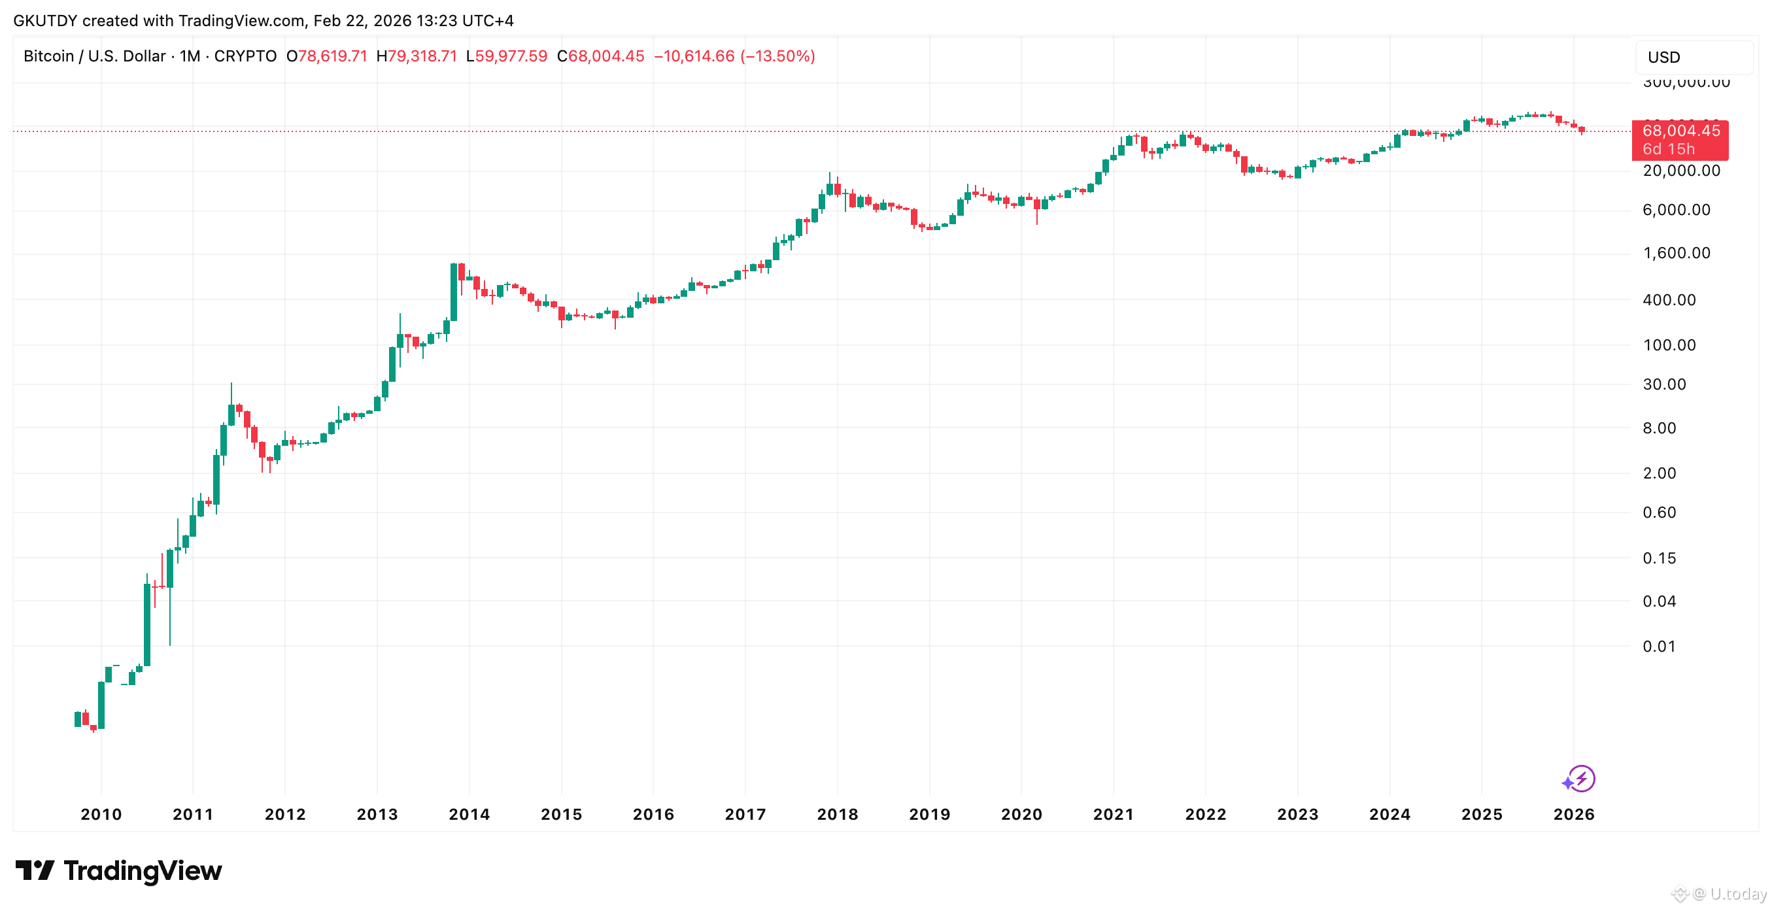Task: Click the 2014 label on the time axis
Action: click(469, 815)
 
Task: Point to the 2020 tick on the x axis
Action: click(1021, 815)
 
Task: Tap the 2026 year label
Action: click(1574, 815)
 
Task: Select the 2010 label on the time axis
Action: click(101, 815)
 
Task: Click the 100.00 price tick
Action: click(1669, 345)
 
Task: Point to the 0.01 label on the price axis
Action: click(1659, 647)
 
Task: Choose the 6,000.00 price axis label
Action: click(1677, 210)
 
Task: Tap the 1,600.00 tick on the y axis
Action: click(1677, 253)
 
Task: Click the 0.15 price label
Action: click(1659, 558)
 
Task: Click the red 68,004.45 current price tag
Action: click(1680, 140)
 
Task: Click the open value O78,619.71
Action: click(327, 56)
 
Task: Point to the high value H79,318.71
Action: click(417, 56)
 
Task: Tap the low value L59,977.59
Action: click(507, 56)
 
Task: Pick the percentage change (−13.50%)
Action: click(777, 56)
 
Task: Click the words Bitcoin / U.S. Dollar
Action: click(95, 56)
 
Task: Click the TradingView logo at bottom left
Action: click(119, 871)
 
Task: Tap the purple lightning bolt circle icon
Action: click(1581, 779)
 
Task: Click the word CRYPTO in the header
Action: click(245, 56)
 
